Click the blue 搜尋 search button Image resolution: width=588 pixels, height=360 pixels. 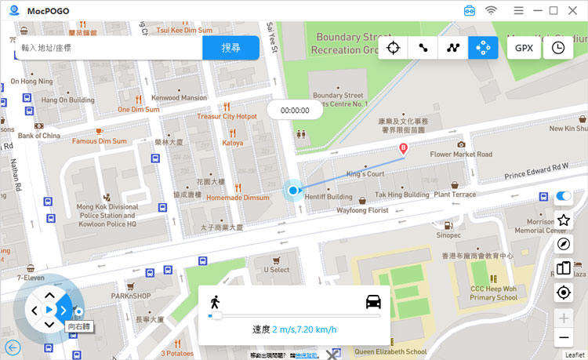point(230,48)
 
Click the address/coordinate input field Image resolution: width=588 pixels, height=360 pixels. point(108,48)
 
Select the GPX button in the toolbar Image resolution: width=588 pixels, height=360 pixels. point(524,48)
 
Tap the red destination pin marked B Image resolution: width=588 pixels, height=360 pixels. point(404,148)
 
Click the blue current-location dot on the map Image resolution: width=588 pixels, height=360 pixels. point(293,190)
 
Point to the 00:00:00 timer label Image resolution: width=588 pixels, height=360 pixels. point(295,111)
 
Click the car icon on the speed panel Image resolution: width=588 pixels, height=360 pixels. point(372,301)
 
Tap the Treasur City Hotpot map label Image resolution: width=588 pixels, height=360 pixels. point(227,116)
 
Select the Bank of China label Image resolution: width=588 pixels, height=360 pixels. point(39,136)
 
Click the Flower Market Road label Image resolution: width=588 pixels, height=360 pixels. point(461,155)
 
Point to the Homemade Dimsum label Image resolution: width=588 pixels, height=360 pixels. point(237,198)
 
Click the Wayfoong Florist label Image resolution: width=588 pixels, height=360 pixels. point(362,210)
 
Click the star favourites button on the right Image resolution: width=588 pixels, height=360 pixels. point(563,220)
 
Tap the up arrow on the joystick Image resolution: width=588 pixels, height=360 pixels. point(49,295)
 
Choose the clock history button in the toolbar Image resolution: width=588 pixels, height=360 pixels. point(558,48)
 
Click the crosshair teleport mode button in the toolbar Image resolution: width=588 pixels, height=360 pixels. point(394,48)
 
